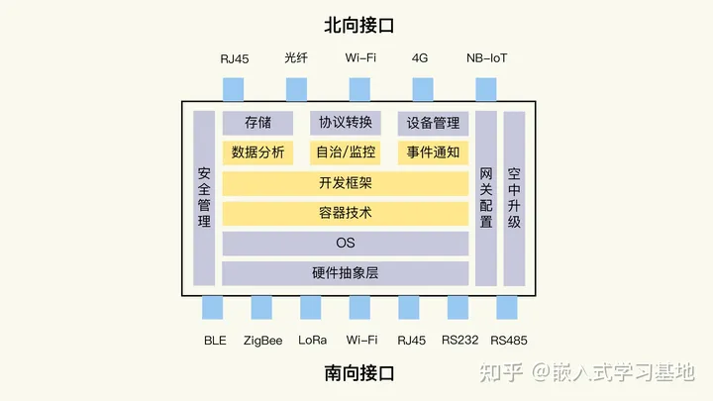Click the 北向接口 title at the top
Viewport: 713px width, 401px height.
(358, 25)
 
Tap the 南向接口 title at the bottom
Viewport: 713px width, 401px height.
(358, 374)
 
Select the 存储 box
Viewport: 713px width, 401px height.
(258, 124)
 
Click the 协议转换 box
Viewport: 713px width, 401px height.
(345, 124)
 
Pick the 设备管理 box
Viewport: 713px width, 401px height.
(433, 124)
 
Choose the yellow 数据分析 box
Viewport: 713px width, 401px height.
(258, 153)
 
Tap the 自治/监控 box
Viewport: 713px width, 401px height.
(345, 153)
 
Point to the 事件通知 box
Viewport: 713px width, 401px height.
(433, 153)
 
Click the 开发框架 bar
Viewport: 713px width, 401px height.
(345, 183)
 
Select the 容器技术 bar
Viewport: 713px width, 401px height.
(345, 213)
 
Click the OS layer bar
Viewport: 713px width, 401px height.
(345, 243)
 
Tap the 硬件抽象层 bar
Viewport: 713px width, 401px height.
(345, 273)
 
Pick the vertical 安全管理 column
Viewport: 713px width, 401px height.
(204, 198)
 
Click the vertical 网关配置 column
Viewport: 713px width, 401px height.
(485, 198)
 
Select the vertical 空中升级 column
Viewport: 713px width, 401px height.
(514, 198)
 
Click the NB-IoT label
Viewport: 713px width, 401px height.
(487, 58)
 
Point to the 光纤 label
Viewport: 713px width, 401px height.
(296, 58)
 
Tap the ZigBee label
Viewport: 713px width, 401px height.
(263, 341)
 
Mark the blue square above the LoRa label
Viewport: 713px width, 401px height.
(312, 308)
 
